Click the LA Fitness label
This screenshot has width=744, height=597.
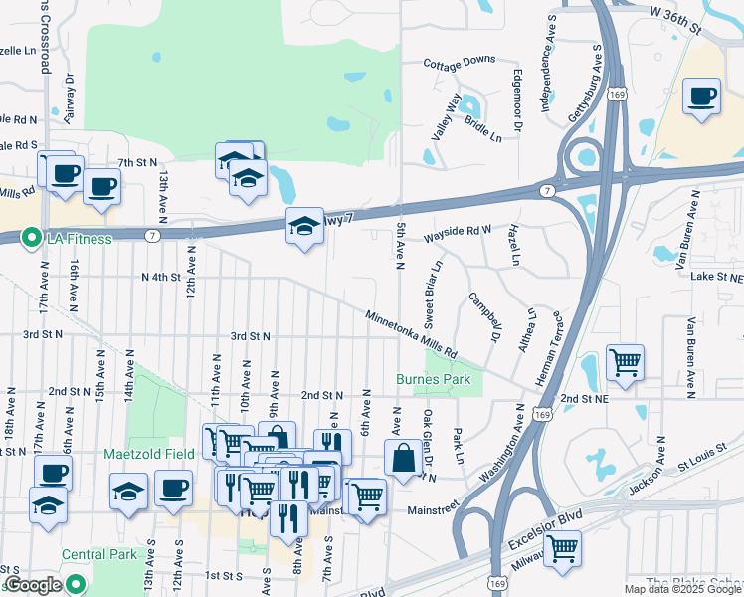click(79, 238)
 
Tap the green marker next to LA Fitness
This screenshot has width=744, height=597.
click(31, 238)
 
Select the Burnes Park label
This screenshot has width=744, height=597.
click(433, 379)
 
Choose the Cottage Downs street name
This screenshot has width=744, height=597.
click(459, 61)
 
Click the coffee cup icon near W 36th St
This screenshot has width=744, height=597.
click(702, 97)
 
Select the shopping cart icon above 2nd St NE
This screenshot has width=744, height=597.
click(625, 362)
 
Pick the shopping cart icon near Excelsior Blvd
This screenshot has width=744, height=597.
click(563, 548)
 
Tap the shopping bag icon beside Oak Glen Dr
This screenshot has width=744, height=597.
click(404, 459)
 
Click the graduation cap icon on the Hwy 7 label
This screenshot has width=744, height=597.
click(304, 226)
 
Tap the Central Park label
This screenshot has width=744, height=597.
click(96, 554)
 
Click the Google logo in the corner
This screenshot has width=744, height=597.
click(33, 585)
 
